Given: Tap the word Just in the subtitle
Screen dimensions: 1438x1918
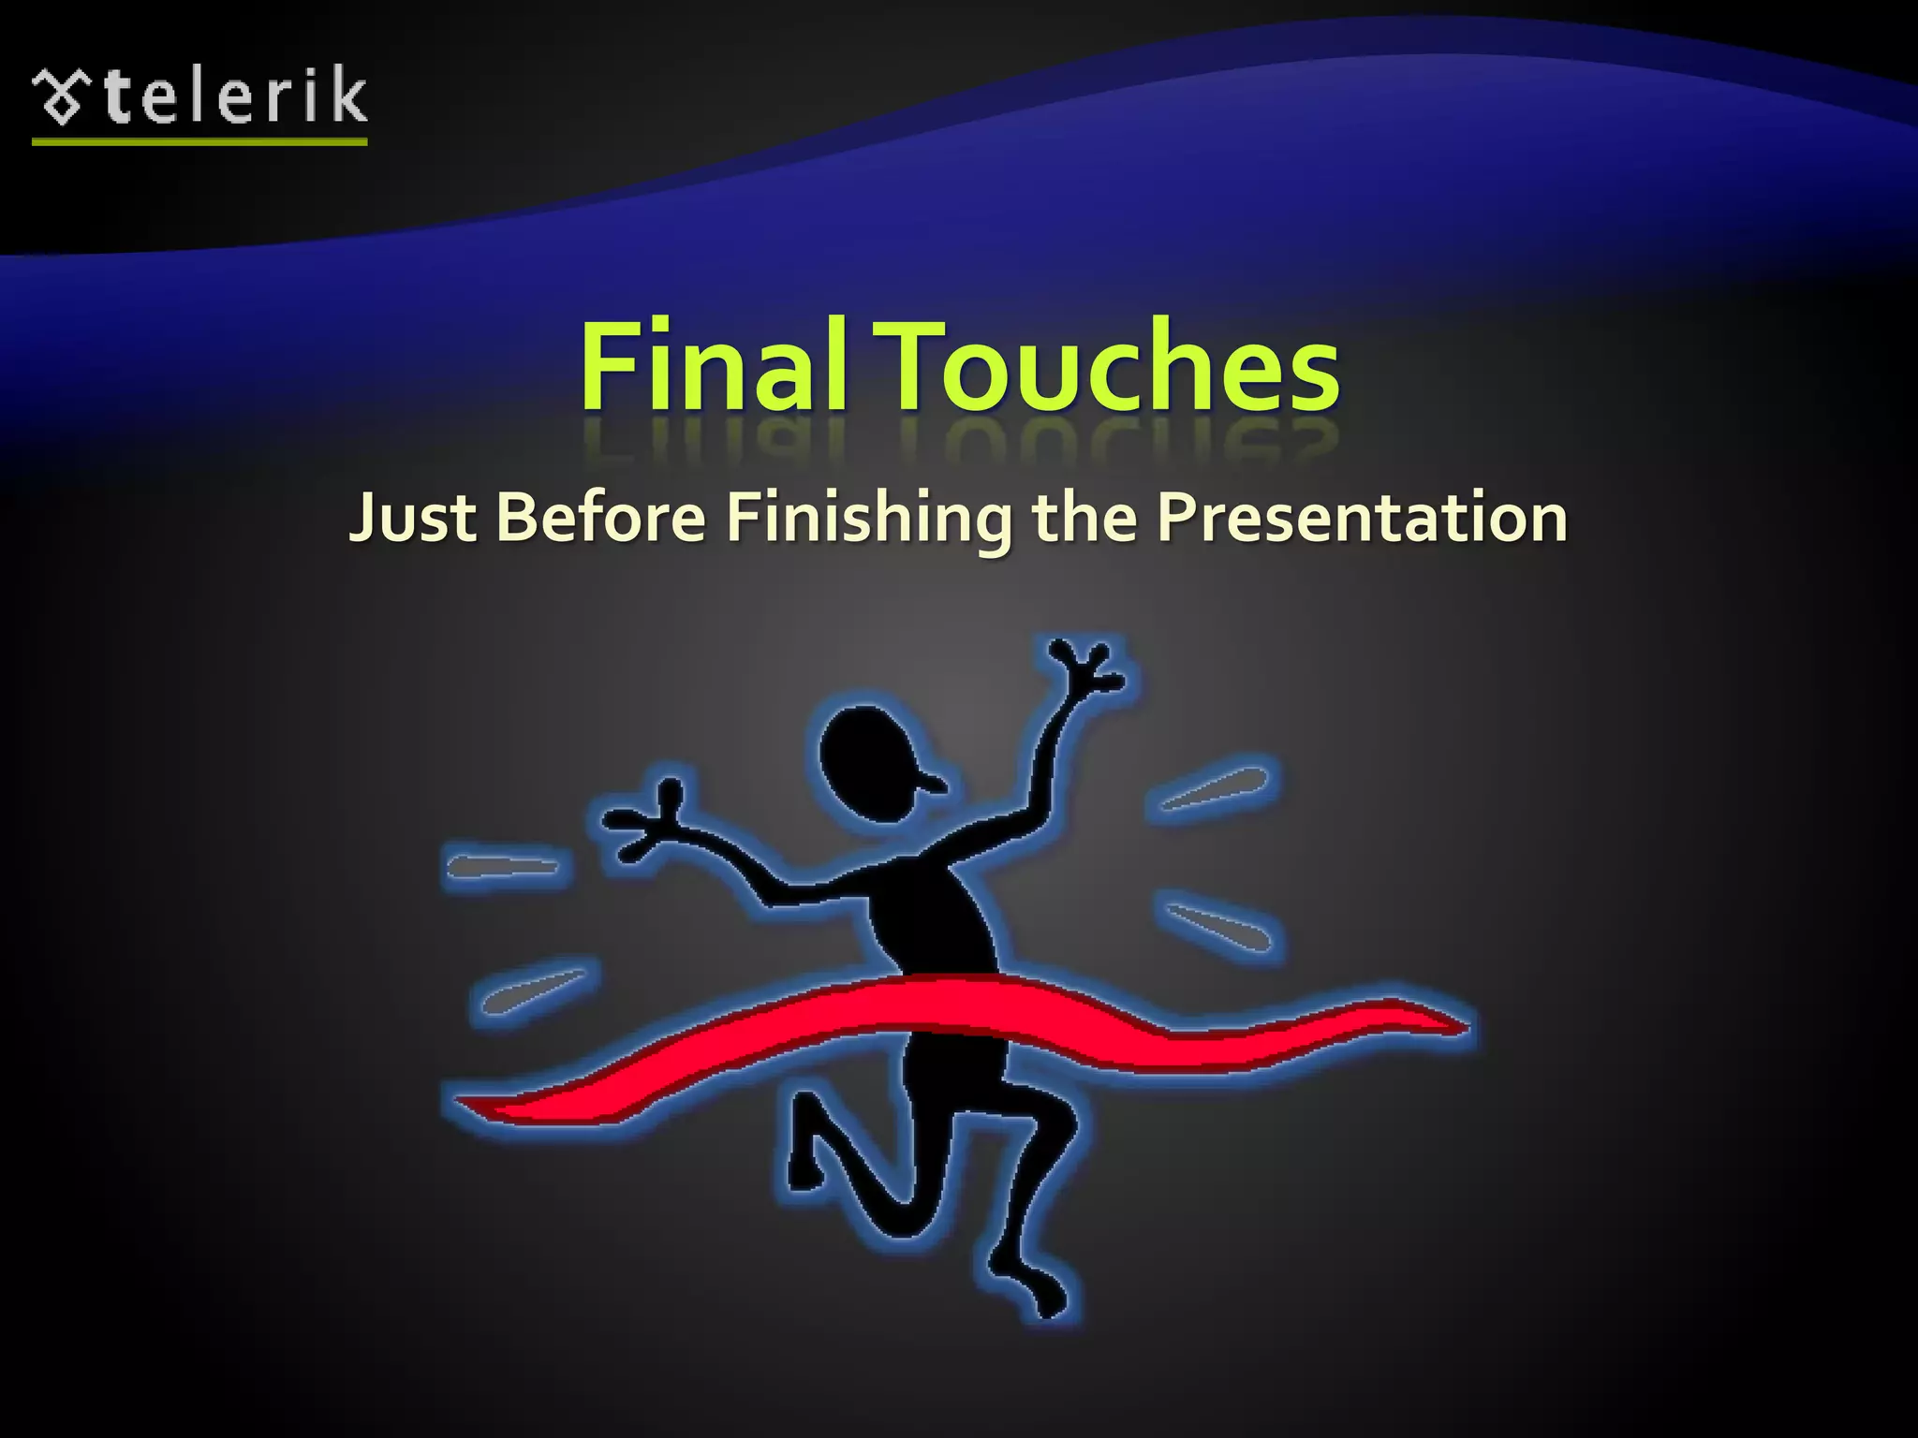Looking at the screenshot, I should [413, 517].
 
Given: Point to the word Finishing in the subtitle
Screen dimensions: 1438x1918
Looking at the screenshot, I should [869, 517].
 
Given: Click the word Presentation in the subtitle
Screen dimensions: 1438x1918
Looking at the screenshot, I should [1362, 517].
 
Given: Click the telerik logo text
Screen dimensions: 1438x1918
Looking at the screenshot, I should [234, 95].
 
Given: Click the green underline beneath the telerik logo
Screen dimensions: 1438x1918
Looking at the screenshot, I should [199, 142].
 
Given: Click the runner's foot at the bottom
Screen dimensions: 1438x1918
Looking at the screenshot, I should [1044, 1297].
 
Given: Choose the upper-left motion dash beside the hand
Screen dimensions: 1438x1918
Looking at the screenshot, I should [504, 866].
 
